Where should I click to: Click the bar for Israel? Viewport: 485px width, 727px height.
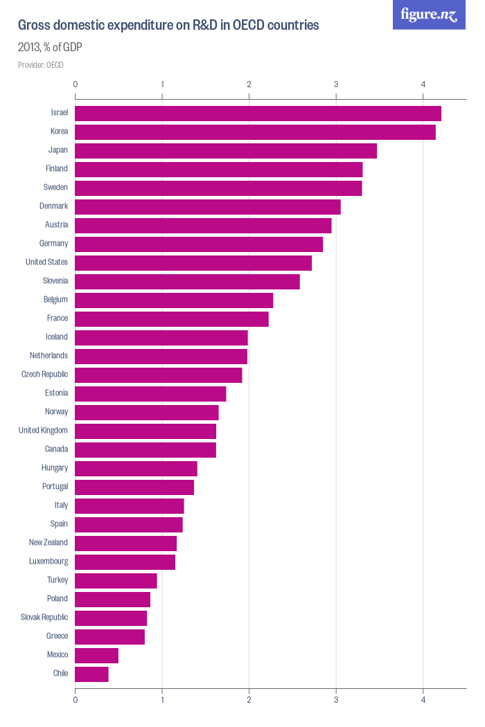[x=258, y=113]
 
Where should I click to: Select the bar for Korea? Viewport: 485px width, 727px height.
[x=255, y=132]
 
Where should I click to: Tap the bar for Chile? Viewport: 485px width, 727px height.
[x=91, y=674]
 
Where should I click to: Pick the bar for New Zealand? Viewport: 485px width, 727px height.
[x=125, y=543]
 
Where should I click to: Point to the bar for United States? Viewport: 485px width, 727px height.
[x=193, y=262]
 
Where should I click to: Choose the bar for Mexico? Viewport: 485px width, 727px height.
[x=96, y=655]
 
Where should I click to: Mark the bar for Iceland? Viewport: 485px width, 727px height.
[x=161, y=337]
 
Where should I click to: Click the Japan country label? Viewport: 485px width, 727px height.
[x=58, y=150]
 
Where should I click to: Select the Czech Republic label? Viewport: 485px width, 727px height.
[x=44, y=375]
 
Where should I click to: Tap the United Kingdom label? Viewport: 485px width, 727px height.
[x=43, y=431]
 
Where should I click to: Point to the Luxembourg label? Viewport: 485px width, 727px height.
[x=48, y=562]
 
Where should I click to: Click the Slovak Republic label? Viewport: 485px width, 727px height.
[x=44, y=618]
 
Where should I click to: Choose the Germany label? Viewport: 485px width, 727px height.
[x=53, y=244]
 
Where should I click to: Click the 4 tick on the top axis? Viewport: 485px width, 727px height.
[x=423, y=84]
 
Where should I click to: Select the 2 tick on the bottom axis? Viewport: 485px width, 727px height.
[x=249, y=700]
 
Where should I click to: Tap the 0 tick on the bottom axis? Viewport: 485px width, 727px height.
[x=75, y=700]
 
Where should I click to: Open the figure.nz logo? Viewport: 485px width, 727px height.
[x=429, y=15]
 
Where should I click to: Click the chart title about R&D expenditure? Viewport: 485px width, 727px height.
[x=168, y=26]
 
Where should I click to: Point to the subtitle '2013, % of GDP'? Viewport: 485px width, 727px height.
[x=50, y=48]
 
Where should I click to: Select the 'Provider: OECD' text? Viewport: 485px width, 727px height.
[x=40, y=65]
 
